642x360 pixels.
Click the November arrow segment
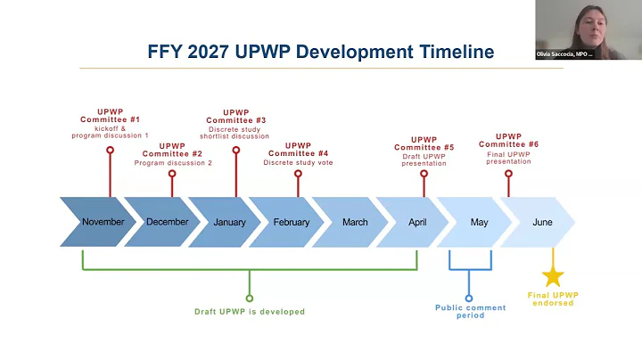pyautogui.click(x=103, y=222)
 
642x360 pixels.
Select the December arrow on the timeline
pyautogui.click(x=167, y=222)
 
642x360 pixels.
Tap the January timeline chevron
pyautogui.click(x=229, y=222)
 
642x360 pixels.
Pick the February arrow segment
pyautogui.click(x=292, y=222)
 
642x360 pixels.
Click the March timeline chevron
pyautogui.click(x=355, y=222)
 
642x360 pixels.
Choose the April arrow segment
pyautogui.click(x=417, y=222)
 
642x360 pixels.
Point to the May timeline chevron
pyautogui.click(x=479, y=222)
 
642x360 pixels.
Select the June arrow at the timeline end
pyautogui.click(x=541, y=222)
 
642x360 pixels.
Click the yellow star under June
pyautogui.click(x=554, y=276)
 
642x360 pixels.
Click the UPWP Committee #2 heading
pyautogui.click(x=173, y=150)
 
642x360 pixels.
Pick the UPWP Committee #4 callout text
pyautogui.click(x=298, y=150)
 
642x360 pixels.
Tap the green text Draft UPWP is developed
pyautogui.click(x=250, y=312)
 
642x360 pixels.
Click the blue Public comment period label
pyautogui.click(x=469, y=311)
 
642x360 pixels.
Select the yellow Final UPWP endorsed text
pyautogui.click(x=554, y=299)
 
